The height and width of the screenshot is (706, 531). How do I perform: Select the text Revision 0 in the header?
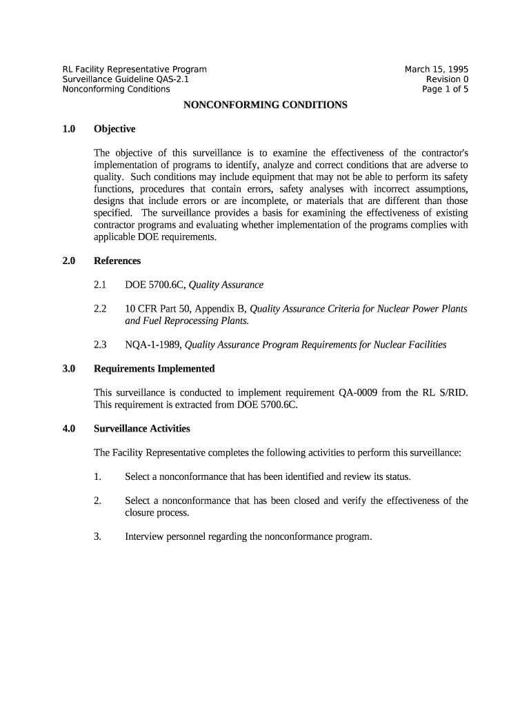pyautogui.click(x=447, y=79)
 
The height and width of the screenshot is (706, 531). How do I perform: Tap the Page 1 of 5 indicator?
pyautogui.click(x=445, y=89)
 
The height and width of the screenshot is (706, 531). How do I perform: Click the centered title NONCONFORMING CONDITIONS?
pyautogui.click(x=265, y=105)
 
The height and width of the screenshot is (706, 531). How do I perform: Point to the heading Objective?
pyautogui.click(x=114, y=129)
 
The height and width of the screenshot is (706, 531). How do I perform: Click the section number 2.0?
pyautogui.click(x=68, y=261)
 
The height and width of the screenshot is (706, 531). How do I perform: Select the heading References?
pyautogui.click(x=117, y=261)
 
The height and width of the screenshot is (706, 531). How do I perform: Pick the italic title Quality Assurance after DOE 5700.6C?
pyautogui.click(x=226, y=285)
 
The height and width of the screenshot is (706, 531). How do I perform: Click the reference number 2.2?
pyautogui.click(x=100, y=309)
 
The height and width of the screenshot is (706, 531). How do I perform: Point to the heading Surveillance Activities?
pyautogui.click(x=141, y=429)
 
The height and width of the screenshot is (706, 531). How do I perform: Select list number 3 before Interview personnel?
pyautogui.click(x=97, y=536)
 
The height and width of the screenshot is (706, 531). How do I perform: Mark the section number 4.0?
pyautogui.click(x=68, y=429)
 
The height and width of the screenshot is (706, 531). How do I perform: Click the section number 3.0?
pyautogui.click(x=68, y=369)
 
